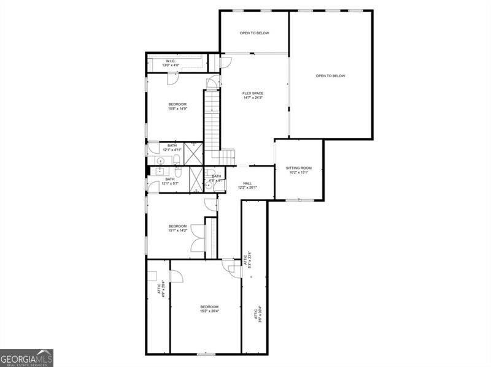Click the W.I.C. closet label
point(170,61)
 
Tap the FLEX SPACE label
point(253,93)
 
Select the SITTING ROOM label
point(299,168)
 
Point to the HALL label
point(247,183)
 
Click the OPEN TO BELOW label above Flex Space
point(254,33)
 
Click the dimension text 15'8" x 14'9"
point(177,109)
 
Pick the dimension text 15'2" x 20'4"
point(209,311)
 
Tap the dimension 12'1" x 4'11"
point(172,149)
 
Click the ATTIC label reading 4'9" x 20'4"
point(161,288)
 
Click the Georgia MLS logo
point(26,358)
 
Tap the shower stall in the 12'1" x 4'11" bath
point(193,151)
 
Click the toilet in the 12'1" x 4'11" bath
point(176,159)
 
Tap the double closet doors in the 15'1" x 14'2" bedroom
point(198,238)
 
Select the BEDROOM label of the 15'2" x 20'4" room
point(209,306)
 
